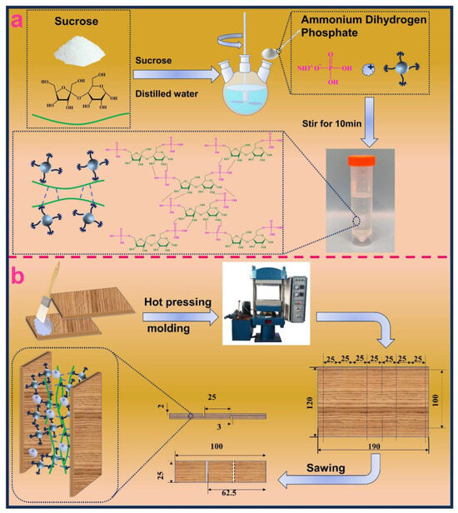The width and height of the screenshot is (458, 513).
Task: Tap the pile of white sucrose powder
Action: [80, 52]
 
